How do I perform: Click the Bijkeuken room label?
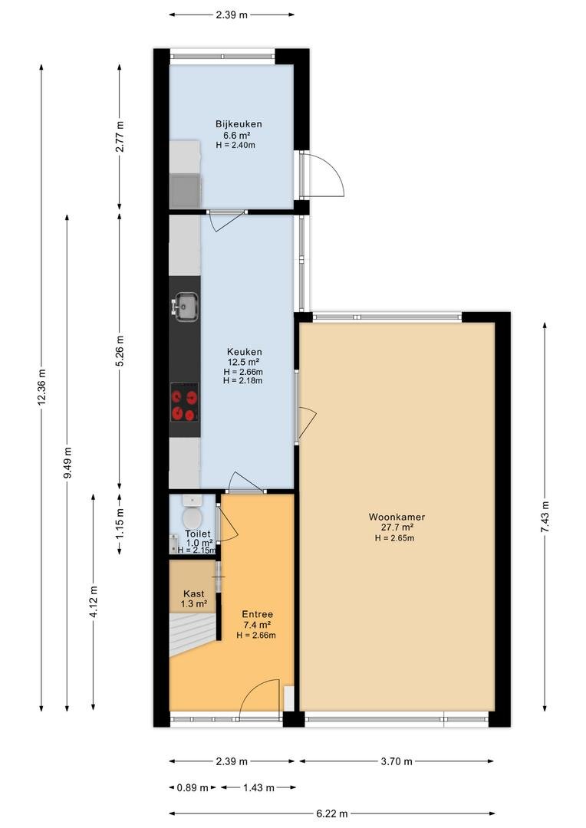coord(239,124)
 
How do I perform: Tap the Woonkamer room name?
coord(397,517)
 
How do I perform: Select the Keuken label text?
coord(245,352)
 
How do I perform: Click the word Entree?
coord(257,614)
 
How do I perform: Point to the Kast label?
coord(193,593)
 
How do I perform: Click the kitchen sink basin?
coord(186,306)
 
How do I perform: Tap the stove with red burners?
coord(184,402)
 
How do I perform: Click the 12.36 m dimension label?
coord(41,388)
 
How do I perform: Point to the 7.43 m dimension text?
coord(545,517)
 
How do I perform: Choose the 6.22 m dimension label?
coord(332,813)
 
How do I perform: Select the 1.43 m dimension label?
coord(258,788)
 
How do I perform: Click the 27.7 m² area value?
coord(397,527)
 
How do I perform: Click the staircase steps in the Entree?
coord(194,634)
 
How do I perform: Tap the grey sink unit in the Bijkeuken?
coord(186,191)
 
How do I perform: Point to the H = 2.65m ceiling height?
coord(394,538)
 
